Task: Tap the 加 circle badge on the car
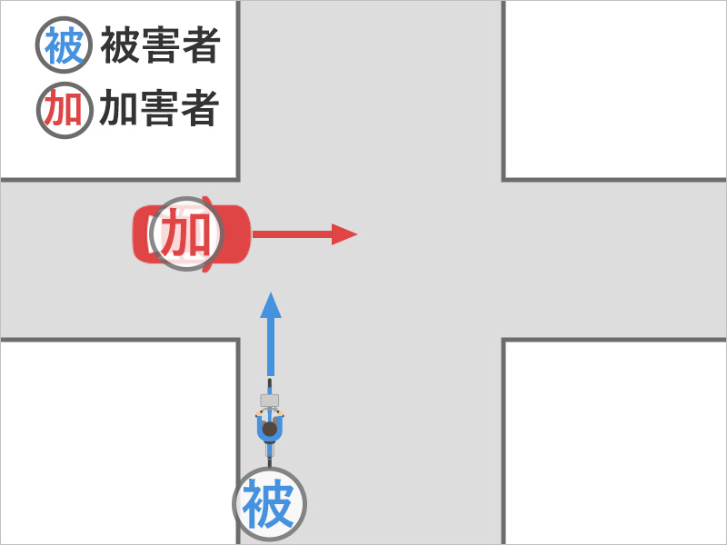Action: click(187, 234)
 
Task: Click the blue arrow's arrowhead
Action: click(270, 305)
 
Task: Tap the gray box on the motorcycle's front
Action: click(270, 401)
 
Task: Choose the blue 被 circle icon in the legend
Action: click(64, 46)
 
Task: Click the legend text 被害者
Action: click(160, 46)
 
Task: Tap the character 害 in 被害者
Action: click(160, 46)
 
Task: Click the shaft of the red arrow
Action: click(291, 234)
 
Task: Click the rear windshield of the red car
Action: click(143, 234)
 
